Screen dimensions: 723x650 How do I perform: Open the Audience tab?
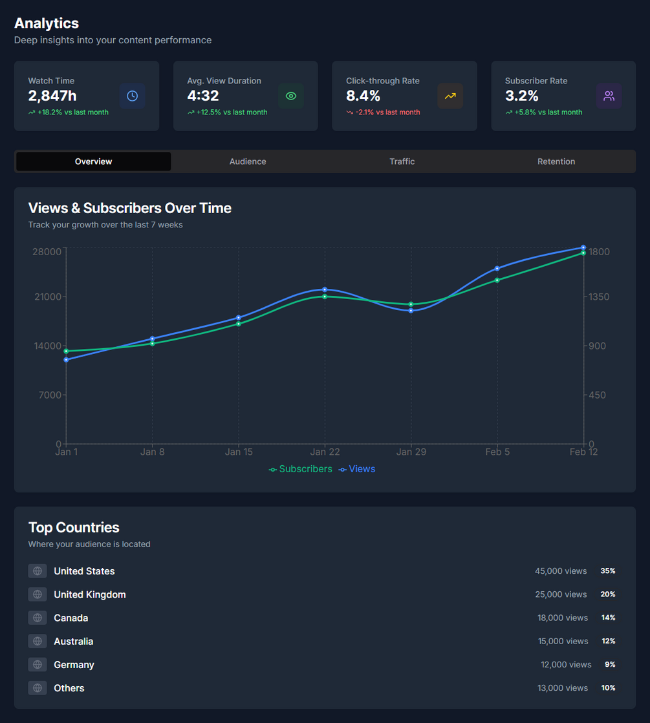tap(248, 162)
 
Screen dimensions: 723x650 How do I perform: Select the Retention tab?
tap(556, 162)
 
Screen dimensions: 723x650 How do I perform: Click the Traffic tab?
tap(402, 162)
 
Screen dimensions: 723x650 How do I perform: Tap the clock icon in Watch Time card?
tap(132, 96)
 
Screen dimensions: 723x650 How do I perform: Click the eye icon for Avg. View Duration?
tap(291, 96)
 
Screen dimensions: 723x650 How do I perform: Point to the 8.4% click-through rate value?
tap(363, 96)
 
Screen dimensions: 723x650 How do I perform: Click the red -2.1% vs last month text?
tap(387, 112)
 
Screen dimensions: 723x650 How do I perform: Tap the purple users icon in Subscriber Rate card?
tap(609, 96)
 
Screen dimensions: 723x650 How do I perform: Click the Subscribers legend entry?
tap(301, 469)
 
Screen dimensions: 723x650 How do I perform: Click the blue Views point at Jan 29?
tap(411, 311)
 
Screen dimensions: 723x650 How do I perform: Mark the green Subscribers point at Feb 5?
tap(497, 280)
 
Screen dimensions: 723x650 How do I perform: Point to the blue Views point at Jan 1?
tap(67, 360)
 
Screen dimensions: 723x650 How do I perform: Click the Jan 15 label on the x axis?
tap(239, 452)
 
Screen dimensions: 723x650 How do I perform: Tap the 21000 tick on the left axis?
tap(47, 297)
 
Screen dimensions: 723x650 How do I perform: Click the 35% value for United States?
tap(607, 571)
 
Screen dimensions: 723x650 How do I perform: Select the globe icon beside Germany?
tap(38, 665)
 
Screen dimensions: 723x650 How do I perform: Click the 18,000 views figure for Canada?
tap(562, 618)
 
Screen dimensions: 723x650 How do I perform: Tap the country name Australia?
tap(74, 642)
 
